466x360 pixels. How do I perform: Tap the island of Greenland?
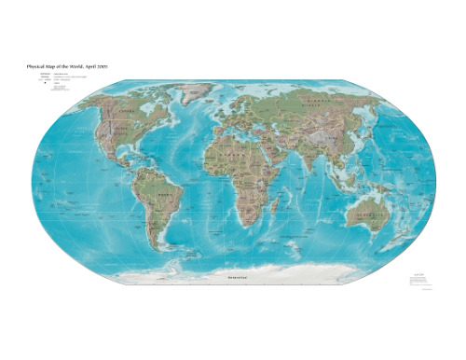click(x=194, y=93)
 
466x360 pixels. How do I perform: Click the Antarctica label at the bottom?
click(x=229, y=277)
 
